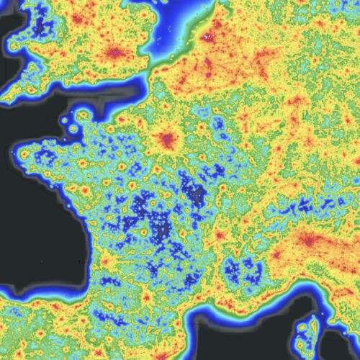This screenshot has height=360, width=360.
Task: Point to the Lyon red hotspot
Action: pos(219,235)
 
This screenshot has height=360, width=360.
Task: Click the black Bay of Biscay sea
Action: pos(36,238)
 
